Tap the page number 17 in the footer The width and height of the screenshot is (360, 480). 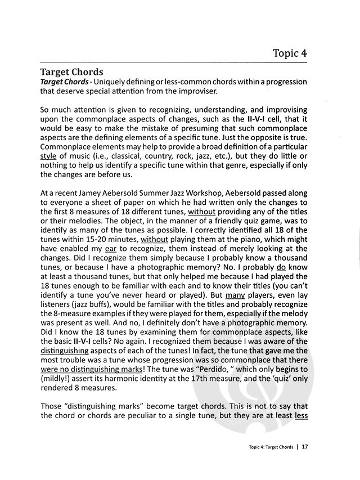coord(304,448)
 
